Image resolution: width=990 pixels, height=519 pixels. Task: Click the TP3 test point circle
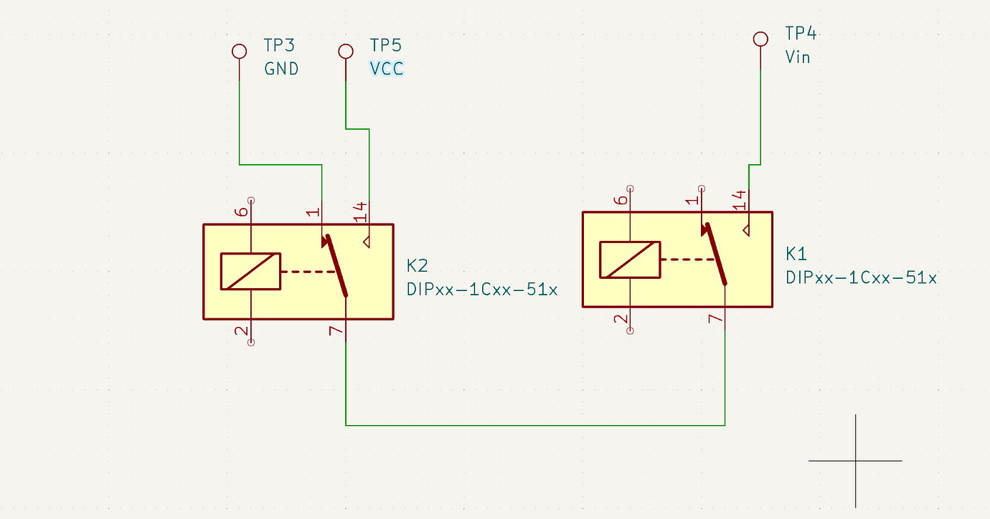(x=239, y=51)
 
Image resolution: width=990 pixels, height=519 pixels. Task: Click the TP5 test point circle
(x=346, y=51)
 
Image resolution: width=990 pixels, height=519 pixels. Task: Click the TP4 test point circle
(x=760, y=39)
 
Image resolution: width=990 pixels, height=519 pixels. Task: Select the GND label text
(x=282, y=69)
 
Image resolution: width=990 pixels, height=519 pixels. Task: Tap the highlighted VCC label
(x=387, y=69)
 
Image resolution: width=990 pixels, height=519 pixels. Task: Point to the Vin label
(x=798, y=57)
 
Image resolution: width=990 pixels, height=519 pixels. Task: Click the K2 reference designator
(x=418, y=266)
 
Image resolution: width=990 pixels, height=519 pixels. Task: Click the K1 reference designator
(x=796, y=253)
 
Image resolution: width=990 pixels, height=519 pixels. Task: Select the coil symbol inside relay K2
(x=250, y=272)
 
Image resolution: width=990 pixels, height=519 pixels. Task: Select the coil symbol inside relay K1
(x=629, y=259)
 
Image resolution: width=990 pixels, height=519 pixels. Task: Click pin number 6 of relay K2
(x=242, y=211)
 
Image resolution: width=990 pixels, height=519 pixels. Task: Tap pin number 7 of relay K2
(x=336, y=331)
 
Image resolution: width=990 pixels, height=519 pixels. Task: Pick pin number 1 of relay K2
(x=312, y=212)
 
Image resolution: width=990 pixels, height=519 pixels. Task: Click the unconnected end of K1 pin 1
(x=702, y=187)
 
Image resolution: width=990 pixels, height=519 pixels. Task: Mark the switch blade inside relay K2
(x=336, y=265)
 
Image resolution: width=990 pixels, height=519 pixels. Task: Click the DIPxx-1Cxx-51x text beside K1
(x=861, y=277)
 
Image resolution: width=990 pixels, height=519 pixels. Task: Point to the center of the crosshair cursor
(x=855, y=461)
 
